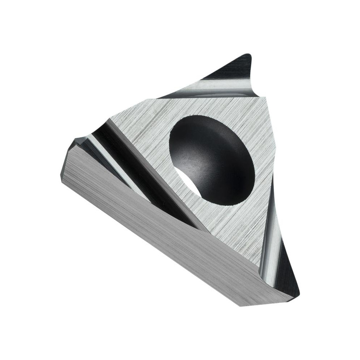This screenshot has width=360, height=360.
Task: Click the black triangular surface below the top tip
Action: pos(230,70)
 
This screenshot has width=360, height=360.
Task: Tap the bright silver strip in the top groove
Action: pos(216,86)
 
